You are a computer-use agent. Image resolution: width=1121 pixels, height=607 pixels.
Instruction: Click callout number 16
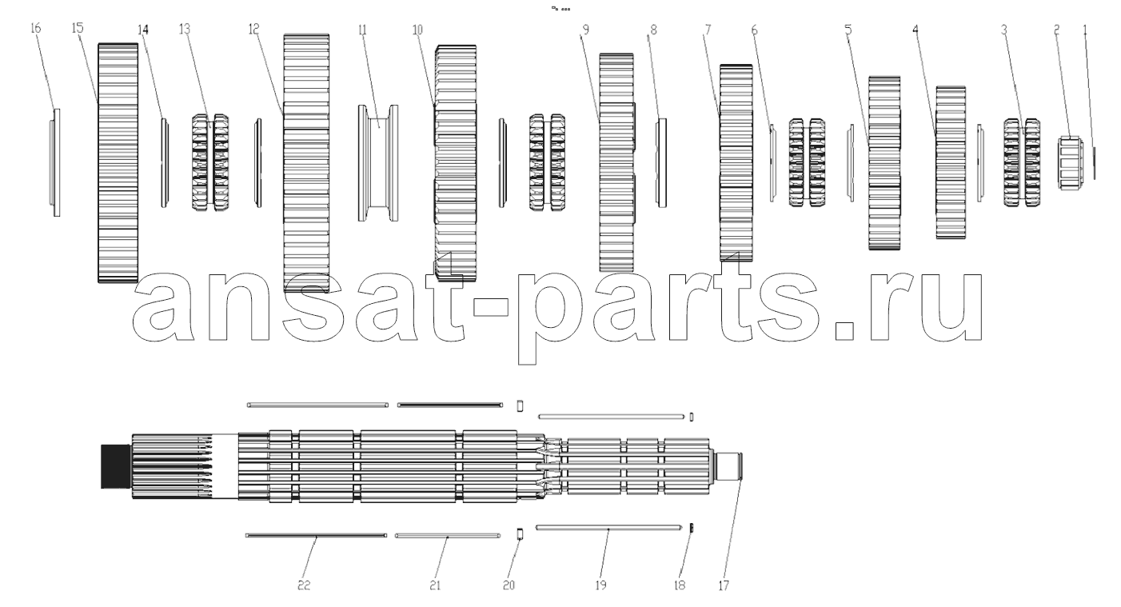(35, 28)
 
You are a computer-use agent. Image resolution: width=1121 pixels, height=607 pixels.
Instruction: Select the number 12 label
(253, 29)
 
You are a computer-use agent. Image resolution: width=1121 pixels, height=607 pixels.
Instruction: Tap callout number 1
(1085, 30)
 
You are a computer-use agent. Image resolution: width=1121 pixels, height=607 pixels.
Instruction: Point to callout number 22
(304, 585)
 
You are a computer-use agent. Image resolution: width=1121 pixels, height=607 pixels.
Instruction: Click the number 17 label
(724, 585)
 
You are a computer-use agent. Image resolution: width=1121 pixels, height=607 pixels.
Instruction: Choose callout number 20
(509, 585)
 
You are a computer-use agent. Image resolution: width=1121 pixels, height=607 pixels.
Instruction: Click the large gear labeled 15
(118, 163)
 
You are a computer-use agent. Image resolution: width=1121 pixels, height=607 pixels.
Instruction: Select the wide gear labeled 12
(306, 163)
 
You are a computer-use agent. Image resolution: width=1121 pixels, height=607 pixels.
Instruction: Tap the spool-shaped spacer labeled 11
(378, 163)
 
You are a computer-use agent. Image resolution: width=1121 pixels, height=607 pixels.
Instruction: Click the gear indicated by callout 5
(884, 163)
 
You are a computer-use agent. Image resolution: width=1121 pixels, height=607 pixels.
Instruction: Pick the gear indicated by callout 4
(951, 162)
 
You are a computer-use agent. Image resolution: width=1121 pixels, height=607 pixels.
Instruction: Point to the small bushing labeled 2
(1071, 163)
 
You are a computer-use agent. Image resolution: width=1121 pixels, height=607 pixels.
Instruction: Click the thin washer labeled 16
(55, 162)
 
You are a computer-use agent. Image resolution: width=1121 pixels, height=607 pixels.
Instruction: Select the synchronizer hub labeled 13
(211, 162)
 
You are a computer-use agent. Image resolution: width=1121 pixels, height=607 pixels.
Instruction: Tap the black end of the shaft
(116, 466)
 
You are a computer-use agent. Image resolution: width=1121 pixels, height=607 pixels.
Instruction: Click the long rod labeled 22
(317, 536)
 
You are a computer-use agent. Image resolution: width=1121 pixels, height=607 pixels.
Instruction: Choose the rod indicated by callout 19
(608, 527)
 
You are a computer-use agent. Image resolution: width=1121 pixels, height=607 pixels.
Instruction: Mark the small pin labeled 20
(520, 533)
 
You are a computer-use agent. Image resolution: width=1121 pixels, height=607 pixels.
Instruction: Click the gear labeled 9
(617, 163)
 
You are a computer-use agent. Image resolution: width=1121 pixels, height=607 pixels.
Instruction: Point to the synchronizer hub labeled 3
(1022, 162)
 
